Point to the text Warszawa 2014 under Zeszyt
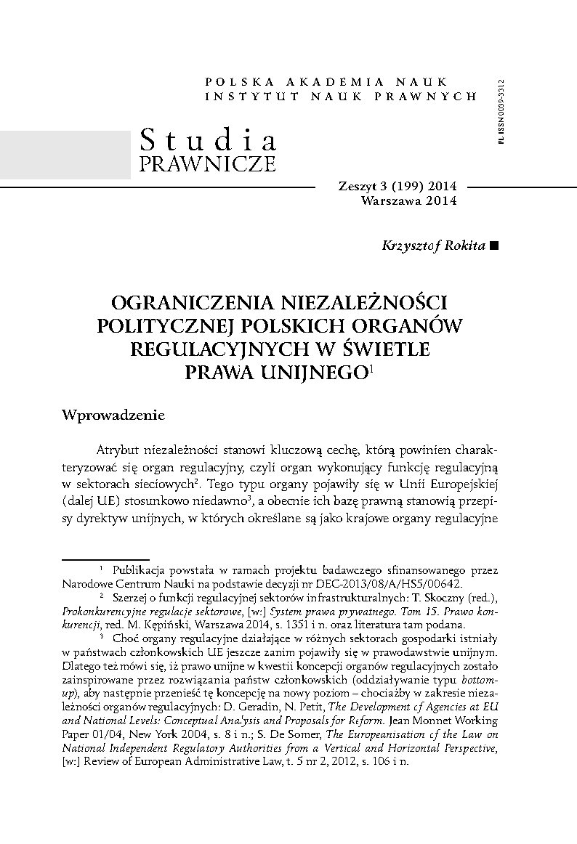click(x=408, y=201)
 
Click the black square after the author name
click(x=495, y=246)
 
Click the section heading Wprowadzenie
click(x=114, y=415)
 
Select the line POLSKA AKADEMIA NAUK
click(x=327, y=82)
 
